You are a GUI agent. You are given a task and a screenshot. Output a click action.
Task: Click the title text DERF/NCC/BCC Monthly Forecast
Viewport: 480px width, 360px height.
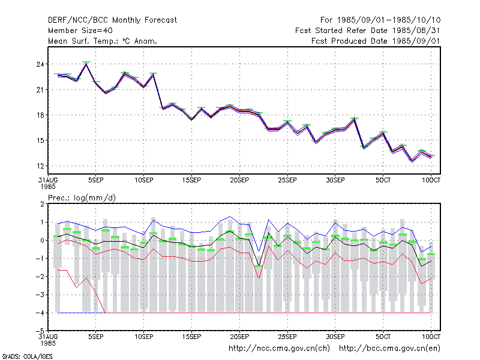tap(112, 20)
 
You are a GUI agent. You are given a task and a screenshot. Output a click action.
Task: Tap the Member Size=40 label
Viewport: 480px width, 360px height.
tap(80, 31)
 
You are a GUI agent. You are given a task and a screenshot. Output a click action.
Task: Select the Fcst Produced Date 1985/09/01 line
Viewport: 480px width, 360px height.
tap(376, 41)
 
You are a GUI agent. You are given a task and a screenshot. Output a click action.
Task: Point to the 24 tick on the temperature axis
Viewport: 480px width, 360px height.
tap(40, 64)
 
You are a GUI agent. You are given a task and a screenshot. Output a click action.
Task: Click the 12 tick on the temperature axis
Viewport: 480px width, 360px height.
tap(40, 166)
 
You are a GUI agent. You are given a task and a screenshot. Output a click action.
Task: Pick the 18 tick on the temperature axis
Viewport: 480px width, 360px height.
tap(40, 115)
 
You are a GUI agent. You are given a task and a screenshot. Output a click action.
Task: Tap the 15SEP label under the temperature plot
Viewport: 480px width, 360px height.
tap(191, 180)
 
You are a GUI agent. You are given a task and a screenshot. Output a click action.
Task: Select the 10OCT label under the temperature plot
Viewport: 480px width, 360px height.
tap(431, 180)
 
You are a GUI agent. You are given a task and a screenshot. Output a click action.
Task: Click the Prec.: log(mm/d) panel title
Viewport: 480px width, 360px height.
tap(82, 198)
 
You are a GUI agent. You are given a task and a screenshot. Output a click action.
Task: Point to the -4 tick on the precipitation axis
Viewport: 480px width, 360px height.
tap(40, 313)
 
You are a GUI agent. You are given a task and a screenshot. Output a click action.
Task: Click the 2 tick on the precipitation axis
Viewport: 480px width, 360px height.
tap(42, 204)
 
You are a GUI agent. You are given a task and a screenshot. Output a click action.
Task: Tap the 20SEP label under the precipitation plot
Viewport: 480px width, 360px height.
tap(239, 337)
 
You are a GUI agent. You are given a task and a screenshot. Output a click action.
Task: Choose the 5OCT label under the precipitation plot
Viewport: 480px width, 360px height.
tap(383, 337)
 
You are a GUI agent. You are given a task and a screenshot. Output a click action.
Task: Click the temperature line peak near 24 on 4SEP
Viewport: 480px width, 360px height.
tap(86, 64)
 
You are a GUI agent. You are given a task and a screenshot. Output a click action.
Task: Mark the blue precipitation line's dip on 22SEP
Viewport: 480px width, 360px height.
tap(259, 251)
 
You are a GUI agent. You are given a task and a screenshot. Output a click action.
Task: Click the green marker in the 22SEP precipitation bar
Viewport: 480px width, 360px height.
tap(259, 266)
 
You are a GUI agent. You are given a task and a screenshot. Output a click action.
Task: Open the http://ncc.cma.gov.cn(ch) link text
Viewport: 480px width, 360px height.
tap(279, 349)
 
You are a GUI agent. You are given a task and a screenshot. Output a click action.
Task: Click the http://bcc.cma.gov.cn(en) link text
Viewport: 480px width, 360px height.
tap(389, 349)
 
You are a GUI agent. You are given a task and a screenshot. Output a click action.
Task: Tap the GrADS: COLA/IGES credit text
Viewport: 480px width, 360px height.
tap(27, 356)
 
